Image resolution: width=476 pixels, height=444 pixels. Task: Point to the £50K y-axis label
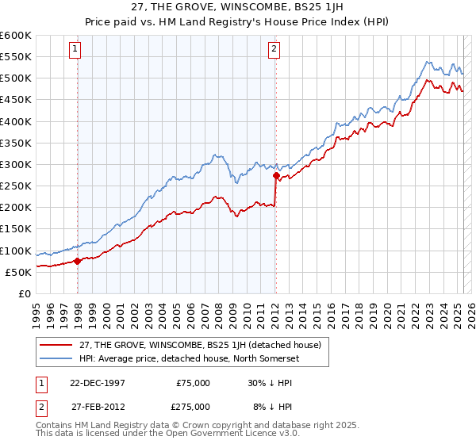(x=17, y=272)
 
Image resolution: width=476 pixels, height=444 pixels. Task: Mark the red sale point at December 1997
(x=77, y=261)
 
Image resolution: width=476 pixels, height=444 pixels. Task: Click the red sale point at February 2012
(x=275, y=175)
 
